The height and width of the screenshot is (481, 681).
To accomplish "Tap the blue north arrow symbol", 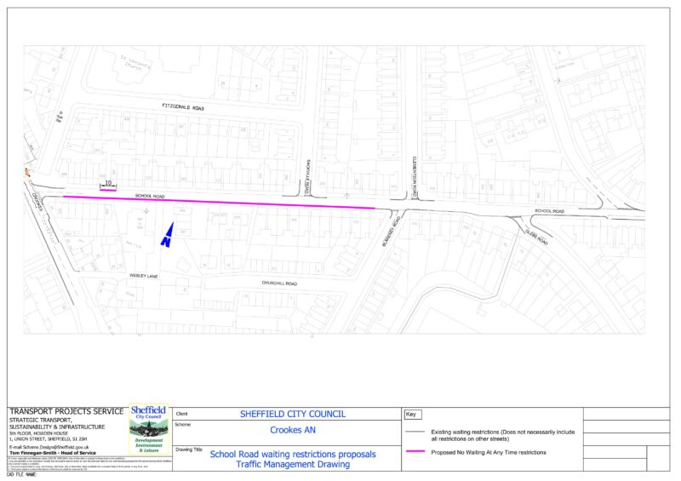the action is [x=168, y=235].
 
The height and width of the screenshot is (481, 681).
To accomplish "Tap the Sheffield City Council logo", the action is [x=149, y=430].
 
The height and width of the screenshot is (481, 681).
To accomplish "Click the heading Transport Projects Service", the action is [x=66, y=412].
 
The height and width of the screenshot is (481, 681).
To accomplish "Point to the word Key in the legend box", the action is [x=410, y=414].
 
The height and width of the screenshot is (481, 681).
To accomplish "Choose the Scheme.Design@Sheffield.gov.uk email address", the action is [x=49, y=446].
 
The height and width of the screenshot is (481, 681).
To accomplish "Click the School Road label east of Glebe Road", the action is [x=549, y=210].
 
